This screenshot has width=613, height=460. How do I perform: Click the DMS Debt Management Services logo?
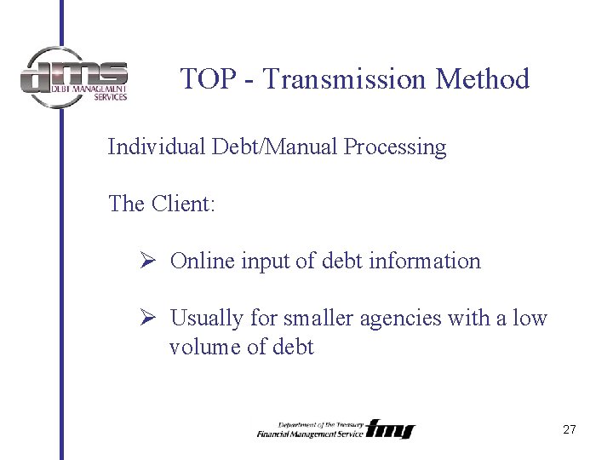pos(74,78)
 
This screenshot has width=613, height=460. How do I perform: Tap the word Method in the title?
pos(482,79)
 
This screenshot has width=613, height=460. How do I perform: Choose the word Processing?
pos(395,147)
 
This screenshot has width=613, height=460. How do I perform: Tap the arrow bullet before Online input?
pos(145,261)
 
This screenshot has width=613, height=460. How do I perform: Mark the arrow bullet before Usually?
pos(145,318)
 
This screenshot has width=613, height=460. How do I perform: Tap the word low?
pos(530,318)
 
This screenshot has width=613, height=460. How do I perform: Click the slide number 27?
pos(570,430)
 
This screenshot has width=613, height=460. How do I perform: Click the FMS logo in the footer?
pos(391,429)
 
